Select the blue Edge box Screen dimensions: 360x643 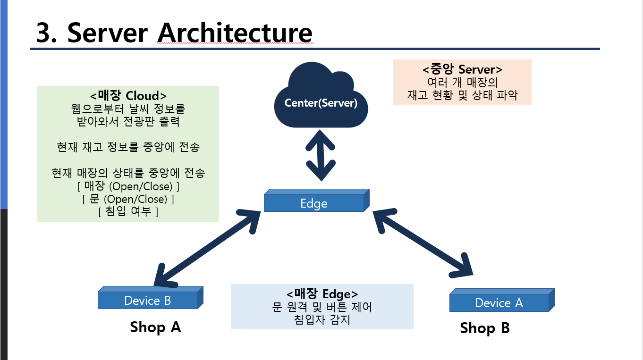(314, 203)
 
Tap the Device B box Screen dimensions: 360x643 (148, 301)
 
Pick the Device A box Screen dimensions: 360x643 (499, 303)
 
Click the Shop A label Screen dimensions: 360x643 (155, 327)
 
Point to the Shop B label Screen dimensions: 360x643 (485, 328)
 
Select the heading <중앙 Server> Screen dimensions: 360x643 (462, 69)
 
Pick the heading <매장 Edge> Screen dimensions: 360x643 (322, 293)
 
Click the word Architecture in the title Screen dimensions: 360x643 (235, 33)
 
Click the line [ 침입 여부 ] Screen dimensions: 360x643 (128, 212)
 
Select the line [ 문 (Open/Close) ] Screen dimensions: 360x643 (128, 199)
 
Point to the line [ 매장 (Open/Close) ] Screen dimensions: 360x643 (128, 186)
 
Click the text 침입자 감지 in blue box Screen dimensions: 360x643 (322, 320)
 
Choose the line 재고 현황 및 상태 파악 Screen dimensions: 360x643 (462, 95)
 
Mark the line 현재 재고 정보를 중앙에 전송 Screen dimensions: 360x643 (128, 147)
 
